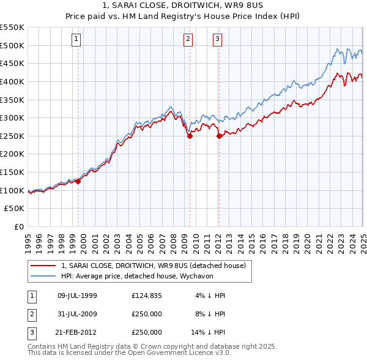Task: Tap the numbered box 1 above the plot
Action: [76, 39]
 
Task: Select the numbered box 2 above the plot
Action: [187, 39]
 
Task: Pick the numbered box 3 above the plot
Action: [217, 39]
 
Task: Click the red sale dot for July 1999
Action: [78, 181]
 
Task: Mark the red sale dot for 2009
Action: [190, 136]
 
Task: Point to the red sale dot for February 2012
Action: [218, 136]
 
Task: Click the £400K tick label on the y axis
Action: [12, 81]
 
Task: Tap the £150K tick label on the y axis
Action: [12, 173]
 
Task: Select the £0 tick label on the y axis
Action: [18, 227]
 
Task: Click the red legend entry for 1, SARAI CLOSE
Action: [153, 266]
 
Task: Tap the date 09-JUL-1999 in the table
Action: [77, 296]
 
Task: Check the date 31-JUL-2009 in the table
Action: [77, 314]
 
